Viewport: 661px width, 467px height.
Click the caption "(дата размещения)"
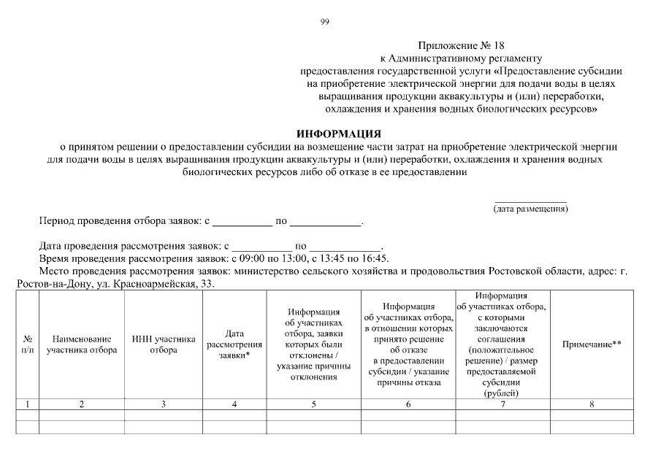pyautogui.click(x=531, y=209)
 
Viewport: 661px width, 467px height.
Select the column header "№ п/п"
pyautogui.click(x=27, y=344)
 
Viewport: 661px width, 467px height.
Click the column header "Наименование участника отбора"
pyautogui.click(x=81, y=344)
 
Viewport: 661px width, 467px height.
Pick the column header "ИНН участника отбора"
pyautogui.click(x=164, y=344)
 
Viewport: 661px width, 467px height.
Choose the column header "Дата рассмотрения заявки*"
pyautogui.click(x=234, y=344)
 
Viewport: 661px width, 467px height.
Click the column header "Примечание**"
pyautogui.click(x=591, y=344)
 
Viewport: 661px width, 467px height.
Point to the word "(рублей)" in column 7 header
pyautogui.click(x=502, y=393)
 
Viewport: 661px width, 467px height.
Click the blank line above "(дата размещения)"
pyautogui.click(x=531, y=200)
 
